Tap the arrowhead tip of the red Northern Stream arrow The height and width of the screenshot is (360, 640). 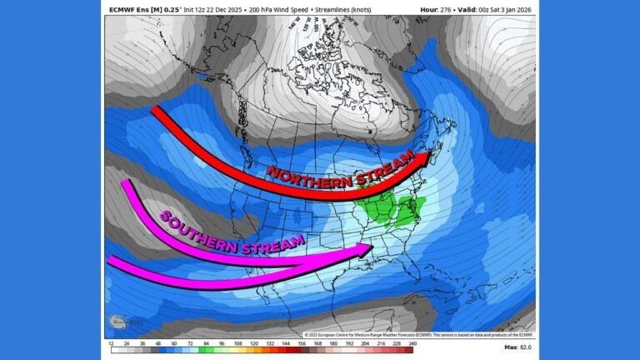(441, 154)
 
